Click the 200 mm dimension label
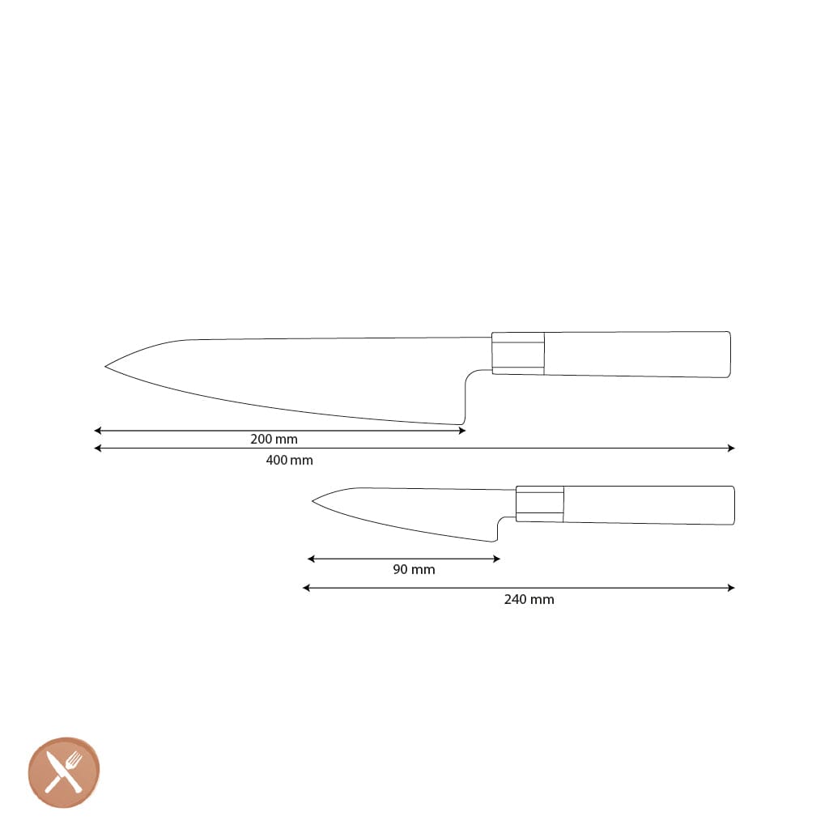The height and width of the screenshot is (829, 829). pyautogui.click(x=274, y=440)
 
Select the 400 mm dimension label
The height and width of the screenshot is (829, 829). pyautogui.click(x=289, y=460)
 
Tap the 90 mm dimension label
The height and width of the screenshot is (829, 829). pyautogui.click(x=414, y=569)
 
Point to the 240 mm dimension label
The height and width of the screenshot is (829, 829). pyautogui.click(x=529, y=599)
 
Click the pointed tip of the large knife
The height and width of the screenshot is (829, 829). pyautogui.click(x=106, y=367)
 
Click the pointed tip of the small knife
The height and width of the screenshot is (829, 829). pyautogui.click(x=313, y=501)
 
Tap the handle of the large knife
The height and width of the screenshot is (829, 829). pyautogui.click(x=636, y=354)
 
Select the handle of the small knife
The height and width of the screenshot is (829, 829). pyautogui.click(x=648, y=505)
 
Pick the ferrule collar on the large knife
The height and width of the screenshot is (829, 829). pyautogui.click(x=518, y=353)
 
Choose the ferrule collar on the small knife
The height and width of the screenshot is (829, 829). pyautogui.click(x=540, y=504)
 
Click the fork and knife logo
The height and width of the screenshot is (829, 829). pyautogui.click(x=64, y=772)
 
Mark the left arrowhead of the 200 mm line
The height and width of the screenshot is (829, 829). pyautogui.click(x=96, y=431)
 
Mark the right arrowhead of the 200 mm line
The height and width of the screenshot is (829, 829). pyautogui.click(x=463, y=431)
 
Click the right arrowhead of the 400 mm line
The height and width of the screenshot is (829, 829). pyautogui.click(x=732, y=449)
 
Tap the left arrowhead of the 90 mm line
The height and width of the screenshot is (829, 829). pyautogui.click(x=310, y=559)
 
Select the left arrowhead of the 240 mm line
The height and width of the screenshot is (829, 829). pyautogui.click(x=305, y=588)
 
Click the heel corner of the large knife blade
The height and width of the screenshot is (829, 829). pyautogui.click(x=461, y=423)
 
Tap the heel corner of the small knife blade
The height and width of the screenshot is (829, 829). pyautogui.click(x=495, y=540)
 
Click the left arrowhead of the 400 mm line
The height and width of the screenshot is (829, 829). pyautogui.click(x=96, y=449)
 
